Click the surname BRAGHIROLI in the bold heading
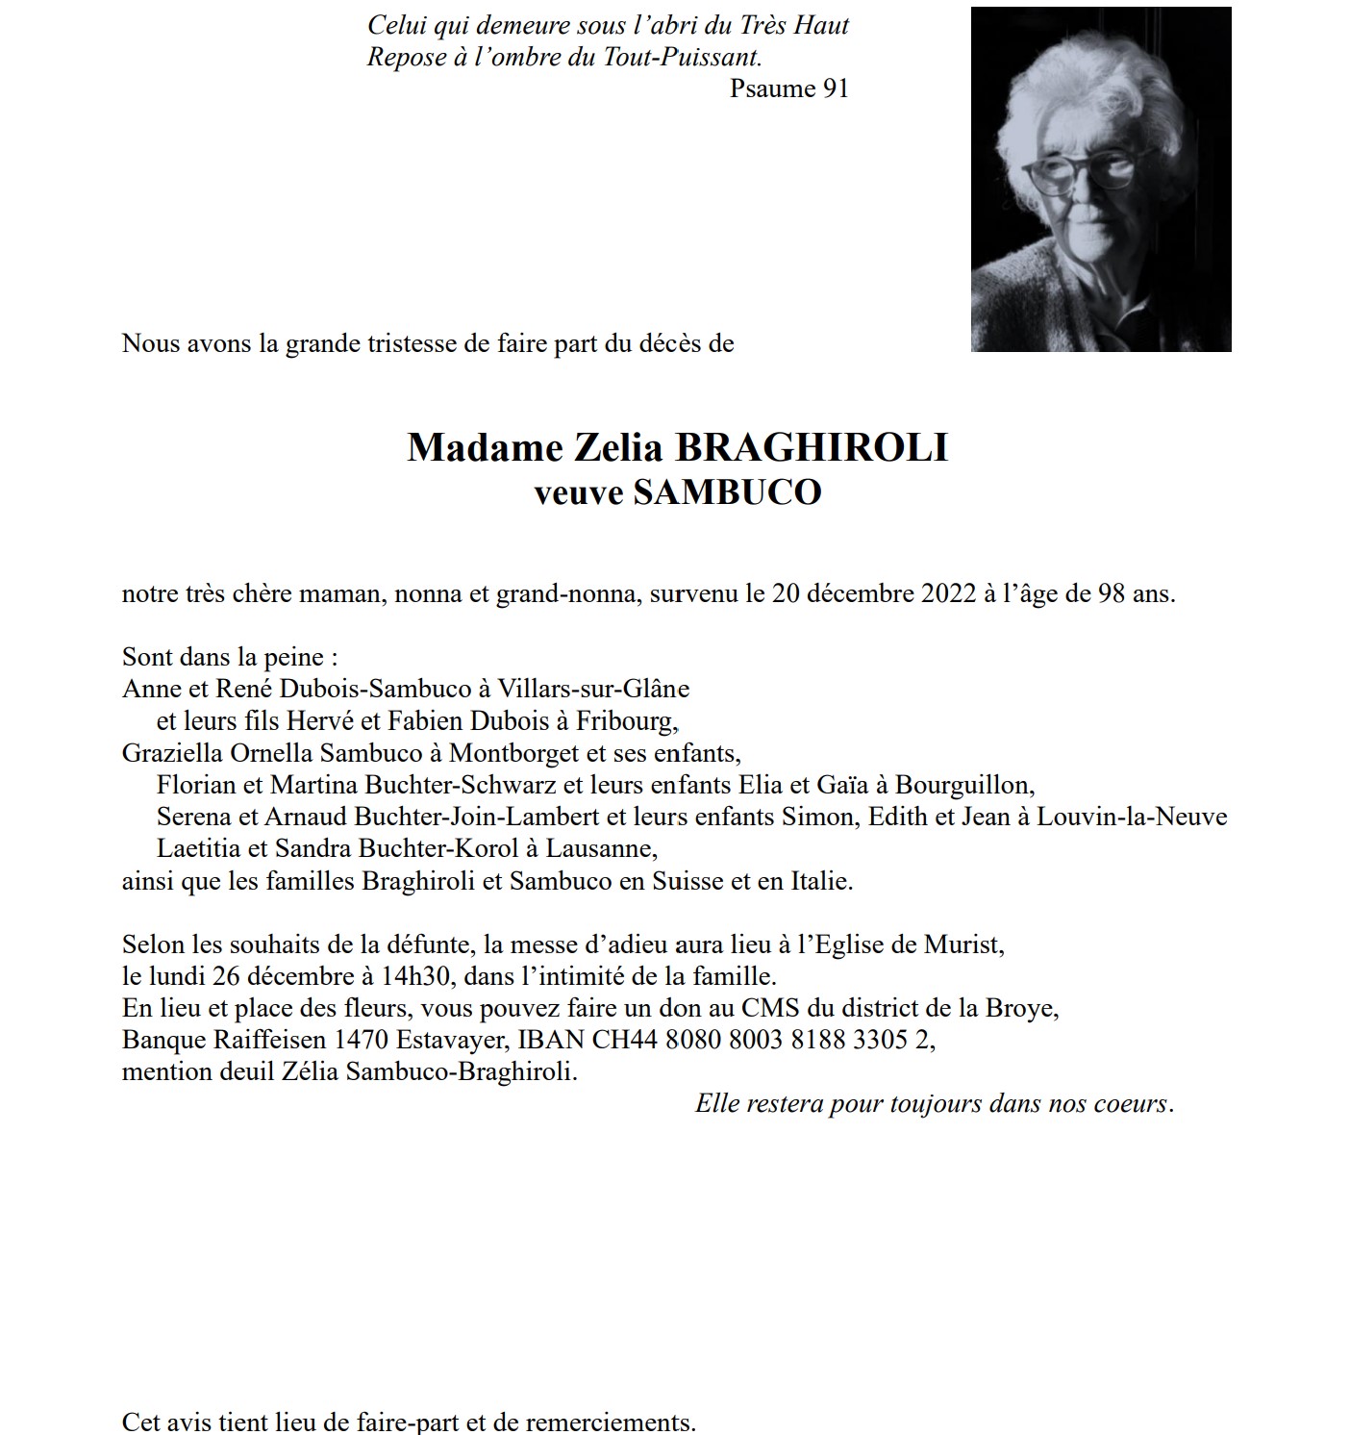(812, 448)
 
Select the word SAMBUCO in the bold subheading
(727, 492)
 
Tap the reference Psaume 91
(788, 88)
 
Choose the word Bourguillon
(964, 785)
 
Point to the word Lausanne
(601, 848)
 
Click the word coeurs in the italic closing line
(1131, 1103)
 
